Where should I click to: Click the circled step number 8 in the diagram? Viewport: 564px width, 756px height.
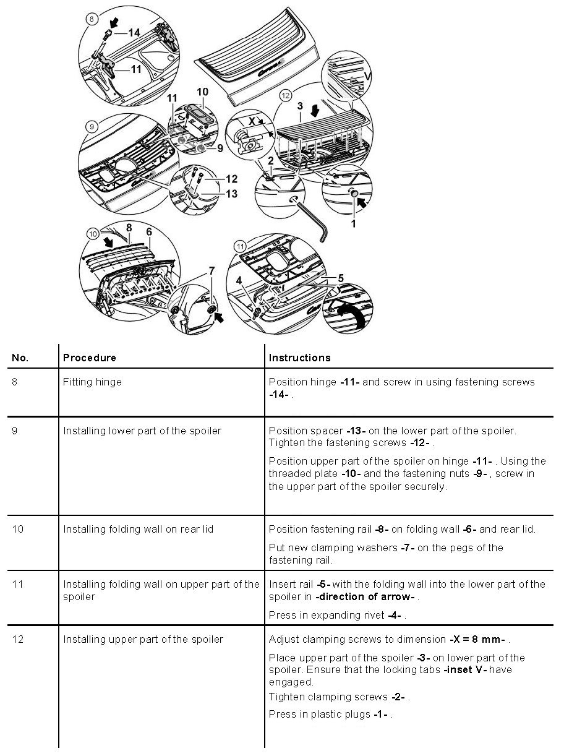click(92, 19)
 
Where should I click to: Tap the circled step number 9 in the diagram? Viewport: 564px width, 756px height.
click(91, 127)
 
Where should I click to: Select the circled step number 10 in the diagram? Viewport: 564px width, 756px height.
click(93, 234)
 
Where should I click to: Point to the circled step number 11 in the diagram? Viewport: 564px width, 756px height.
click(241, 247)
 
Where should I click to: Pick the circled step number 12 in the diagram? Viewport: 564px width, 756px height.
click(286, 96)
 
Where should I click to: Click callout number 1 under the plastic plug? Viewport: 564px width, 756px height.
click(354, 223)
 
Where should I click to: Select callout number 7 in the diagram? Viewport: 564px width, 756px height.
click(211, 271)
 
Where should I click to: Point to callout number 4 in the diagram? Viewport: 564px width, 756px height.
click(239, 280)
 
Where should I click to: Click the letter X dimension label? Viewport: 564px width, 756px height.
click(251, 122)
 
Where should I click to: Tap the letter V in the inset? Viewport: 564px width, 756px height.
click(367, 77)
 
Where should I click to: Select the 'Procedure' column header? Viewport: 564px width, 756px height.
click(90, 358)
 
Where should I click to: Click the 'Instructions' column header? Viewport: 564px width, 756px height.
click(299, 358)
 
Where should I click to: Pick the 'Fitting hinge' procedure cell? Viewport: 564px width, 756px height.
click(92, 382)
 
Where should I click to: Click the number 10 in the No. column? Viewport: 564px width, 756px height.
click(18, 530)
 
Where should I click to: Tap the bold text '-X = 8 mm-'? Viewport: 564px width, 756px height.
click(477, 640)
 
